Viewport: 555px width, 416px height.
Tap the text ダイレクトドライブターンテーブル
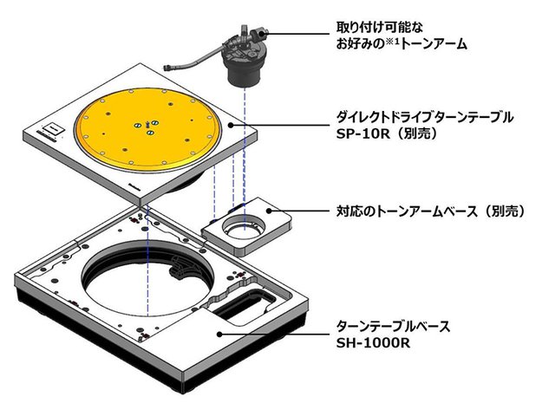click(x=425, y=115)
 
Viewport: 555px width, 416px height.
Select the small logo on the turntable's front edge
click(x=134, y=183)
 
